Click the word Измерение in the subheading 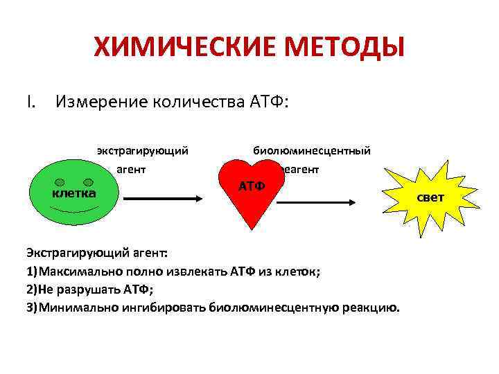click(x=102, y=103)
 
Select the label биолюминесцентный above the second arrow click(x=312, y=150)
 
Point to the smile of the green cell click(x=74, y=208)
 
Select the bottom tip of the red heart click(x=251, y=226)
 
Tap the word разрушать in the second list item click(x=90, y=290)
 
